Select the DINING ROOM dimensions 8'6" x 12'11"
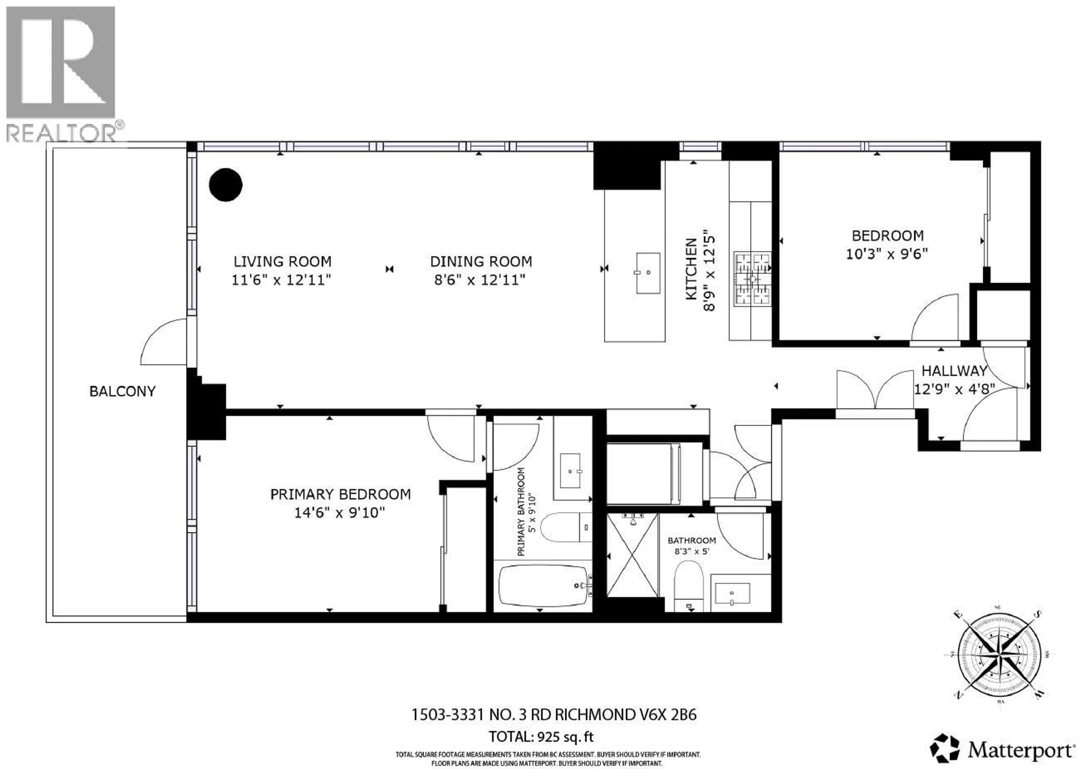(x=480, y=280)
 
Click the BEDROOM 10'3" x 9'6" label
(x=887, y=245)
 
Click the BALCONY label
(x=122, y=391)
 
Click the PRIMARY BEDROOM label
(x=340, y=495)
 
